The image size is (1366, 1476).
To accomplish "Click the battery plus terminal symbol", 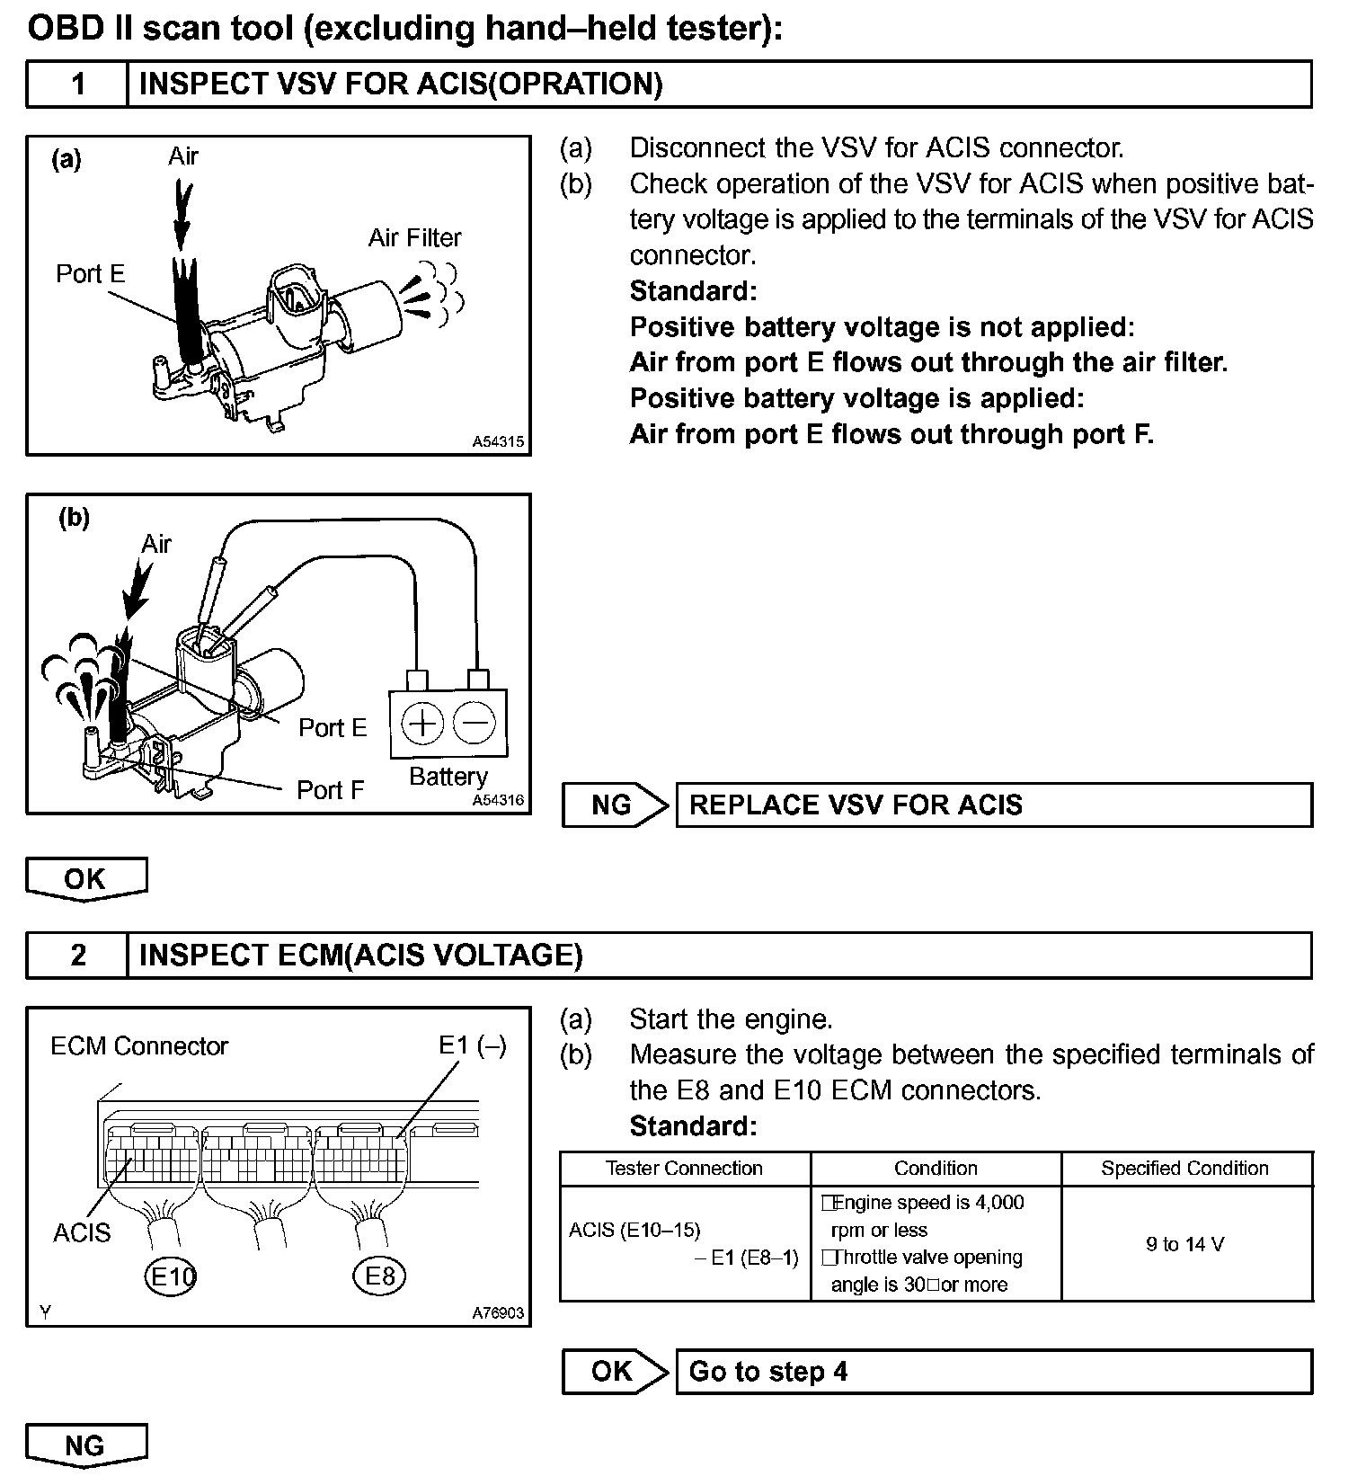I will [x=421, y=723].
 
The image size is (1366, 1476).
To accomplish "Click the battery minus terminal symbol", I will [x=474, y=723].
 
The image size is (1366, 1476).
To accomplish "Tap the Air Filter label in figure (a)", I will [x=414, y=238].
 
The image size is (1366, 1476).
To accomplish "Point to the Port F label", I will [x=330, y=790].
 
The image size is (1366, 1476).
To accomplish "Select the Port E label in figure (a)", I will [x=90, y=274].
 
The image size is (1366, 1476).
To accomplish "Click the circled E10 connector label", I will [x=170, y=1276].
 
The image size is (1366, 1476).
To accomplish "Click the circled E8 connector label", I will [x=379, y=1276].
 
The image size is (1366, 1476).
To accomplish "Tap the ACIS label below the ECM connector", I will [x=82, y=1232].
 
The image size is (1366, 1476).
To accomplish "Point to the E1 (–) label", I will [x=472, y=1045].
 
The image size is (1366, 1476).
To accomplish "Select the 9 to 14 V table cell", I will [x=1185, y=1244].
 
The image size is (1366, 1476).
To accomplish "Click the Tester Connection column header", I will [x=684, y=1169].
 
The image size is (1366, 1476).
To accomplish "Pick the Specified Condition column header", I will [x=1185, y=1169].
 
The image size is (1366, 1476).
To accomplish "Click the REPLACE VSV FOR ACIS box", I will [x=993, y=805].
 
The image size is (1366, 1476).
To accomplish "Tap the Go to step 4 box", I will [x=993, y=1372].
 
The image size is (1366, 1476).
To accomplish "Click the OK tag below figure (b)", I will [x=85, y=878].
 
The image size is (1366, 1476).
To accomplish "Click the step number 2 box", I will [x=77, y=955].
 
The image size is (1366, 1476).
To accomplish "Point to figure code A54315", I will [x=498, y=442].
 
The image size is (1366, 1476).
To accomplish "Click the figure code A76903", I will [x=498, y=1313].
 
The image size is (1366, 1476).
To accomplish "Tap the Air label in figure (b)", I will [x=155, y=544].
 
